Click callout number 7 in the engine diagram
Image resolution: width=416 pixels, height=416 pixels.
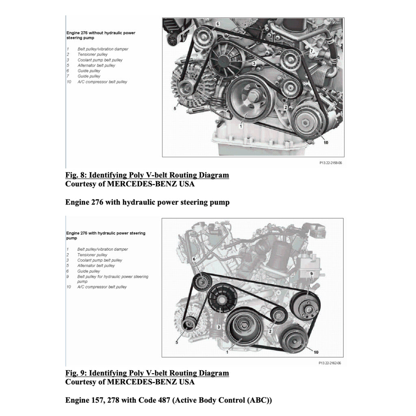click(312, 51)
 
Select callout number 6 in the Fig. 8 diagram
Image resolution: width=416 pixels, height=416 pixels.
click(217, 24)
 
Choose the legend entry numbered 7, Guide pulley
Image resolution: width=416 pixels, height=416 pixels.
click(89, 76)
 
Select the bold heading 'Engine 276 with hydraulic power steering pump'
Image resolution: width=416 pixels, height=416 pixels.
click(147, 202)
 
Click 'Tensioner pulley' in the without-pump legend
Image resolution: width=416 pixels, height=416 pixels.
click(92, 54)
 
